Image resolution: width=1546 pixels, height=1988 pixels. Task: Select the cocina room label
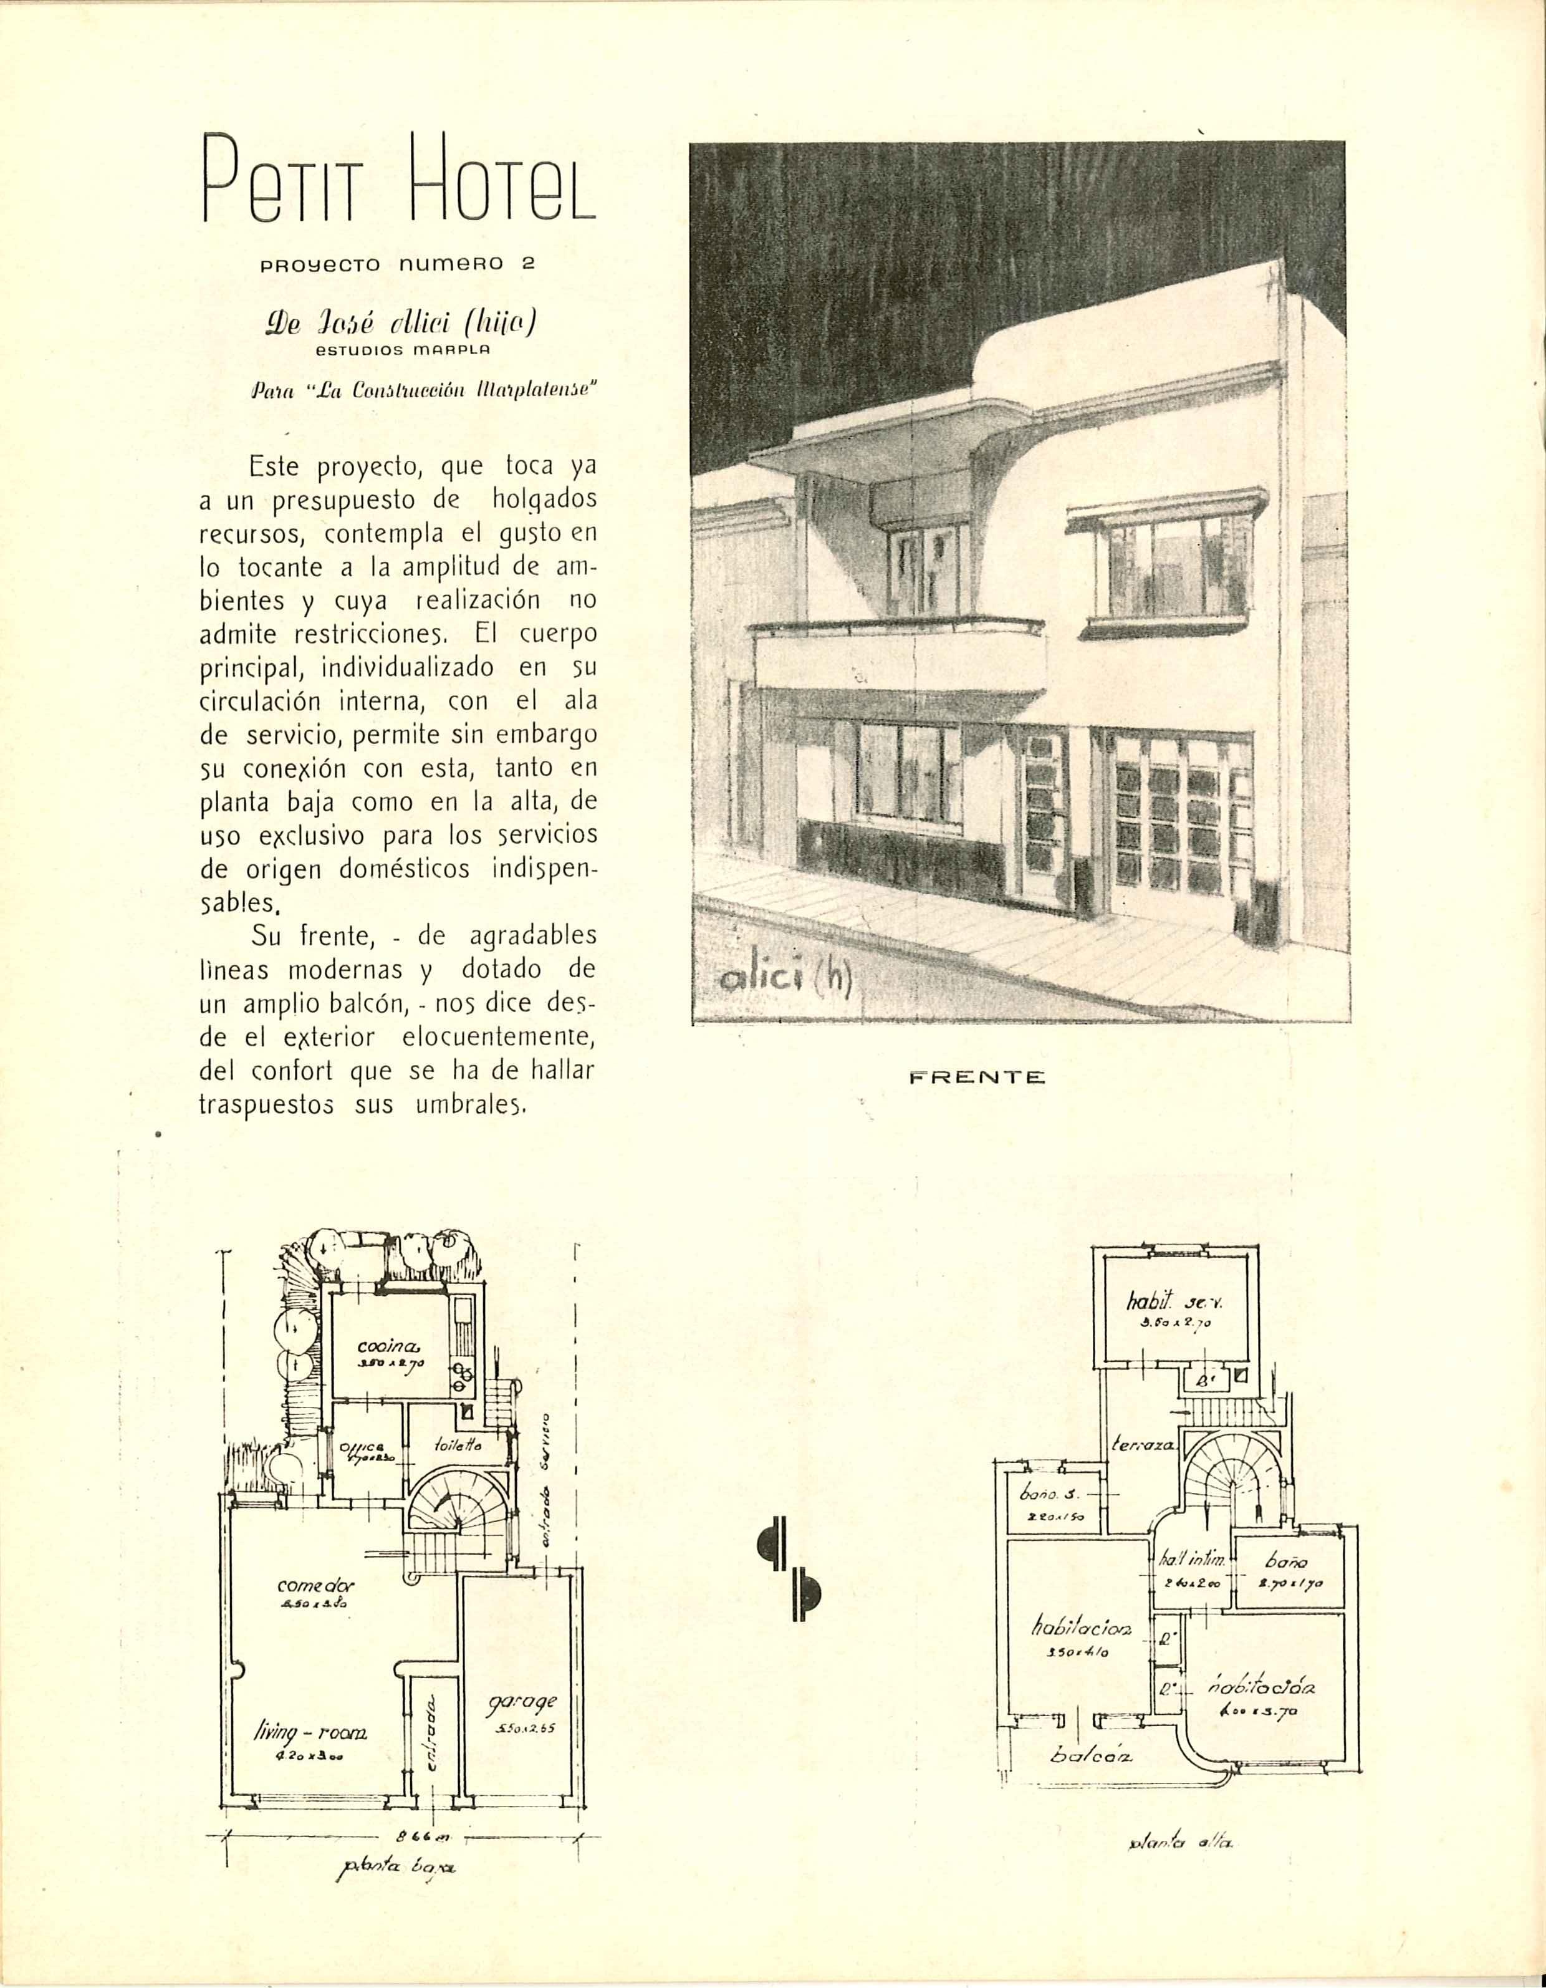coord(388,1347)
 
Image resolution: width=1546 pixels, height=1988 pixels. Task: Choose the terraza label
coord(1145,1445)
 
